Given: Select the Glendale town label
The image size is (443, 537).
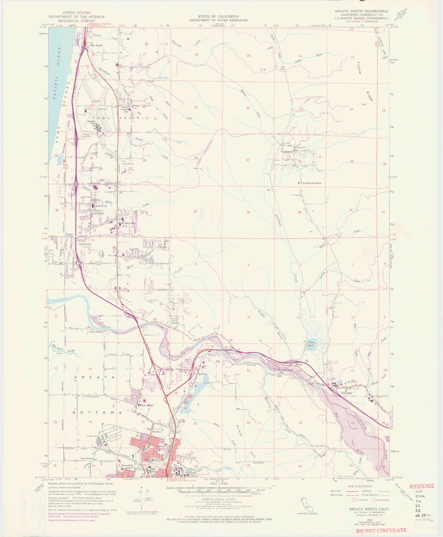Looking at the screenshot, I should click(x=347, y=393).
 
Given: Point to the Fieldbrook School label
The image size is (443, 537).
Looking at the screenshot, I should click(x=312, y=183).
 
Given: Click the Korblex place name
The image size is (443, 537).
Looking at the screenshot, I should click(x=203, y=374).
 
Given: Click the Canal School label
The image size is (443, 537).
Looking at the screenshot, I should click(x=95, y=332).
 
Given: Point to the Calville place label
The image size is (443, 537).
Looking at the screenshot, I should click(x=134, y=249).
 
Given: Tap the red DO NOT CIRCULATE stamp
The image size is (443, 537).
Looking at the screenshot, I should click(x=381, y=530).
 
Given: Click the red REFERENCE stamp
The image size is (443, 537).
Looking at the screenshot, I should click(x=421, y=486).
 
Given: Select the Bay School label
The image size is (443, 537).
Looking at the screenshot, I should click(x=87, y=458).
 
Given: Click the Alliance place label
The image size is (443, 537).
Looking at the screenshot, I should click(x=156, y=431).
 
